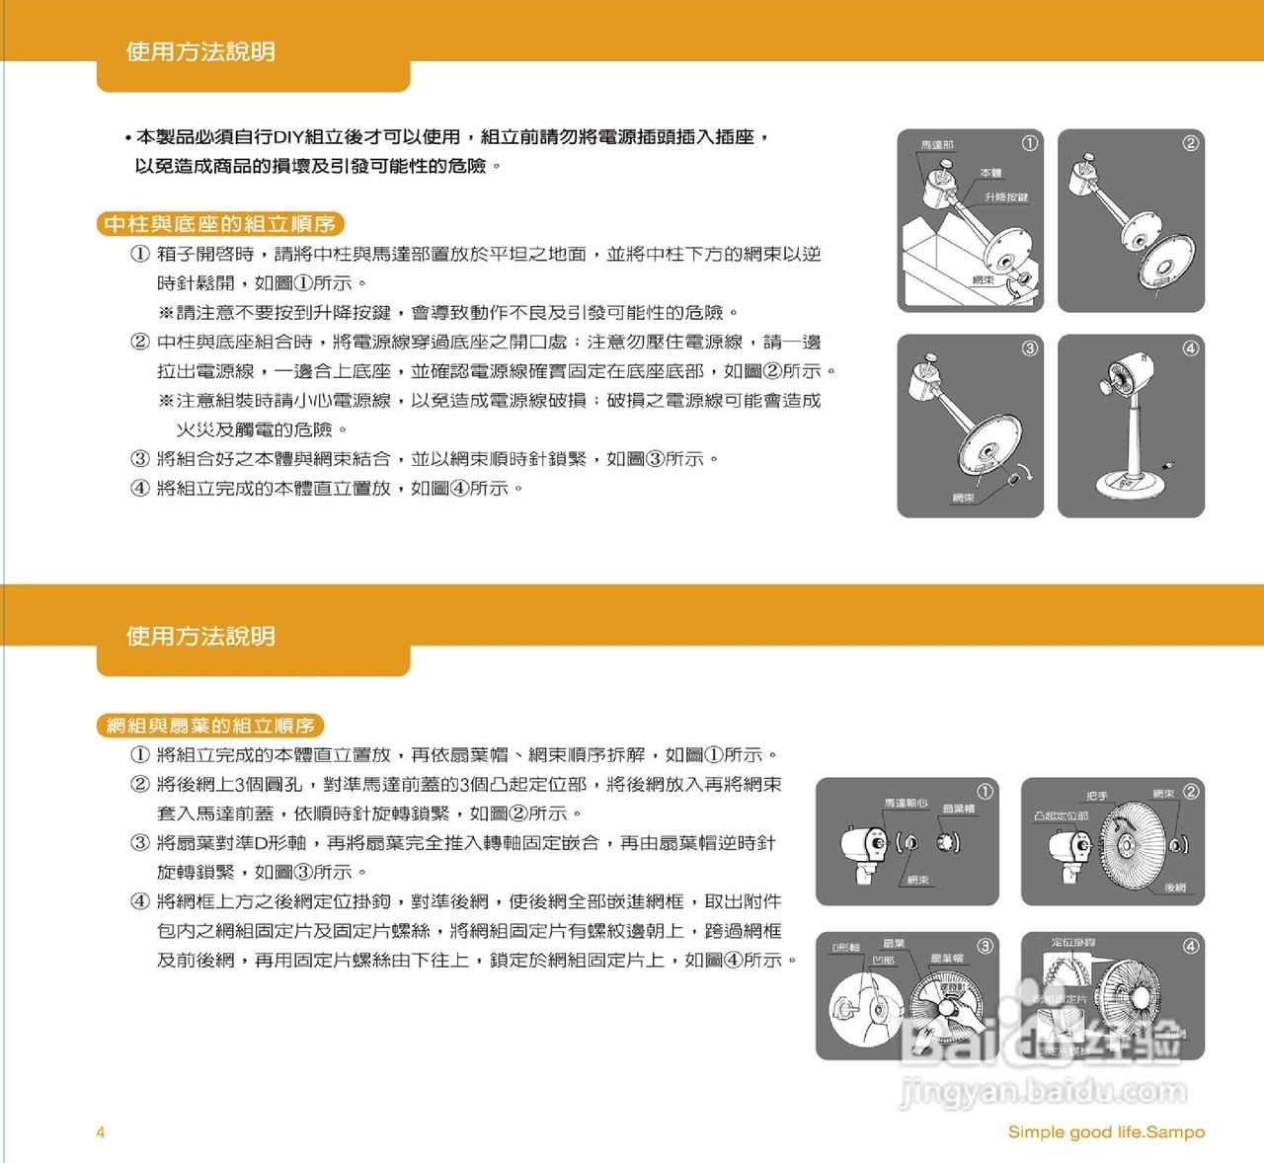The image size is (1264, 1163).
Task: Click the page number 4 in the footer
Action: pyautogui.click(x=100, y=1132)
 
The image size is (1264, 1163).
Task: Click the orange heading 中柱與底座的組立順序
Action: pyautogui.click(x=220, y=224)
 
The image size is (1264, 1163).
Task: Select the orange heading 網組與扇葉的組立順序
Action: pyautogui.click(x=210, y=726)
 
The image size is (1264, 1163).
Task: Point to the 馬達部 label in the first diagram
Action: pyautogui.click(x=936, y=145)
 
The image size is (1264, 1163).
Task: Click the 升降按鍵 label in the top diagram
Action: pyautogui.click(x=1005, y=197)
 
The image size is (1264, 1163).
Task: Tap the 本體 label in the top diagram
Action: pyautogui.click(x=990, y=173)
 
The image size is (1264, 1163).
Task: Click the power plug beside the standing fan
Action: pyautogui.click(x=1168, y=464)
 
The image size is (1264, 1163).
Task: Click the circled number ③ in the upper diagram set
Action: pyautogui.click(x=1029, y=348)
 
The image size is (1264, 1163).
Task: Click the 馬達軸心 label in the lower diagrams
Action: pyautogui.click(x=906, y=803)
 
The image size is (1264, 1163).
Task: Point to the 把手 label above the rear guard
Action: pyautogui.click(x=1096, y=796)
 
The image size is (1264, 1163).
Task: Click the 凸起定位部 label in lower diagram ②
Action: pyautogui.click(x=1062, y=816)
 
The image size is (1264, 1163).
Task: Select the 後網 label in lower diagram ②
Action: pyautogui.click(x=1174, y=888)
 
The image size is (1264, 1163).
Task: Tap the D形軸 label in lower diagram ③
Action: pyautogui.click(x=846, y=948)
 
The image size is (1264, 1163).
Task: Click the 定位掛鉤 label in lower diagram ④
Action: pyautogui.click(x=1072, y=943)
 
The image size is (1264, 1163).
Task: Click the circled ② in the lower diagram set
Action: pyautogui.click(x=1191, y=792)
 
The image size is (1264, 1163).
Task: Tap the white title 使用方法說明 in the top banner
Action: pyautogui.click(x=200, y=51)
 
